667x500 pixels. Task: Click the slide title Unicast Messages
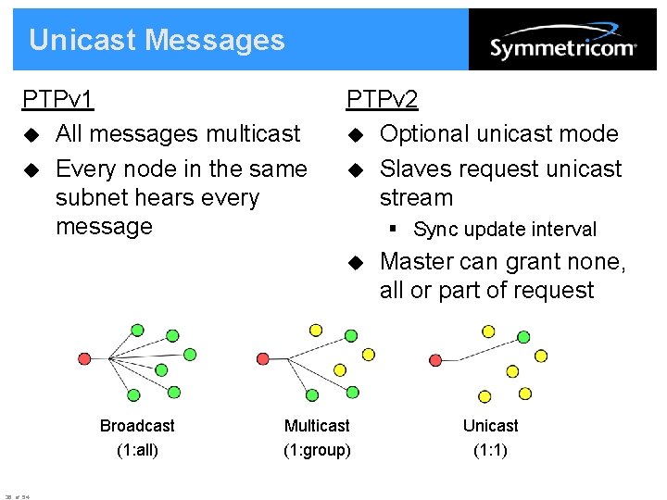tap(157, 40)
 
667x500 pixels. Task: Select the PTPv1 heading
tap(58, 99)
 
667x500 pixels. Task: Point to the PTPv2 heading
tap(383, 99)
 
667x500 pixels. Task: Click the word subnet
tap(93, 198)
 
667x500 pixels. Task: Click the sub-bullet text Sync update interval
tap(505, 230)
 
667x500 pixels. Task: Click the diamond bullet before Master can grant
tap(356, 263)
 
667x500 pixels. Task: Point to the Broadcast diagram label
tap(137, 426)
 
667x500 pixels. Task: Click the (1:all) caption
tap(137, 451)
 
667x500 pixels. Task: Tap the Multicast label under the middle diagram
tap(317, 426)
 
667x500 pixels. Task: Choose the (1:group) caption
tap(317, 451)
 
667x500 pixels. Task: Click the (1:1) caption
tap(490, 451)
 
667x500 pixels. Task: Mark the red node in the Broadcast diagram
tap(85, 358)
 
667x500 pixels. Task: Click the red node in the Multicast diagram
tap(263, 358)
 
